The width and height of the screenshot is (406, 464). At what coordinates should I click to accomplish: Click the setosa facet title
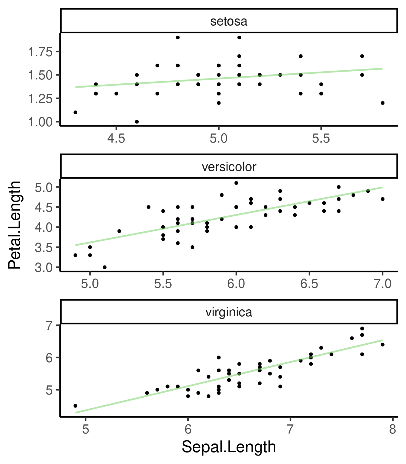229,21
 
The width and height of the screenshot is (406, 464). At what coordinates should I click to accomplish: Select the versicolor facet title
229,167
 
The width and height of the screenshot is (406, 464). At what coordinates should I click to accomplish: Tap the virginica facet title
229,312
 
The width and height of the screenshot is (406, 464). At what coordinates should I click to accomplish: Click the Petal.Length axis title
14,225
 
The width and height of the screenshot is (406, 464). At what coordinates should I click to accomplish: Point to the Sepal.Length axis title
229,447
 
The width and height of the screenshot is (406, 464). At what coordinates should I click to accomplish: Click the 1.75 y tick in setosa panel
40,52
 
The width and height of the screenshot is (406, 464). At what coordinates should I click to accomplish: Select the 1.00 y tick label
40,122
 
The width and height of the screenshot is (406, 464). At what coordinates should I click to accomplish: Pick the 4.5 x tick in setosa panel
116,139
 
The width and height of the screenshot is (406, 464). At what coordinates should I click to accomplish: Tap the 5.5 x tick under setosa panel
321,139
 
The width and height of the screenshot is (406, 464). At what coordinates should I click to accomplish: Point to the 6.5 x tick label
309,284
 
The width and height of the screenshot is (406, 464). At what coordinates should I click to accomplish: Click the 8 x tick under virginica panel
392,429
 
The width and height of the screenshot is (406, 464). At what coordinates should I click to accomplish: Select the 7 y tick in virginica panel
49,325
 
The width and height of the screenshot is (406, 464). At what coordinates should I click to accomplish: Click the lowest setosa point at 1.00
137,122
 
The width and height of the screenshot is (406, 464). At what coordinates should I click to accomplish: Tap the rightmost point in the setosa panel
382,103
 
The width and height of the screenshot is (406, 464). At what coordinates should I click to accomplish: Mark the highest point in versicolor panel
236,183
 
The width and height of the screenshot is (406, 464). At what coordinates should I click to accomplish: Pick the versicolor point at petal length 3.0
105,267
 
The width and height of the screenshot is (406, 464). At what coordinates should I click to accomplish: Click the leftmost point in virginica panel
76,406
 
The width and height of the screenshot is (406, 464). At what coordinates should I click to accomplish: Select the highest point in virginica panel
362,328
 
